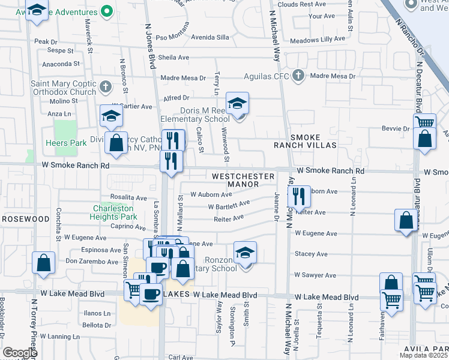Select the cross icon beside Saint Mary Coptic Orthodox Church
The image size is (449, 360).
[x=105, y=86]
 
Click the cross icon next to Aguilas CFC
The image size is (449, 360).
[x=298, y=76]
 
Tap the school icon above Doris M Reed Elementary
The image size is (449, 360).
[x=237, y=103]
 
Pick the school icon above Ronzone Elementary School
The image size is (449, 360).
[x=245, y=252]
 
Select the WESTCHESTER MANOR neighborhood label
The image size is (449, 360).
[x=243, y=176]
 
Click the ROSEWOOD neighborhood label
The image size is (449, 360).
[x=25, y=219]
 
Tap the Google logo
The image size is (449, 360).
[x=20, y=353]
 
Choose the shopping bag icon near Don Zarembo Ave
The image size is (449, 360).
[x=44, y=263]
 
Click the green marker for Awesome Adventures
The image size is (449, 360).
[x=107, y=10]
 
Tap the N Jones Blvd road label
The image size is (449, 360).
[x=149, y=42]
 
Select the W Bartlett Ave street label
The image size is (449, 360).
[x=229, y=206]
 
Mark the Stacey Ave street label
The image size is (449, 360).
[x=310, y=254]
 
